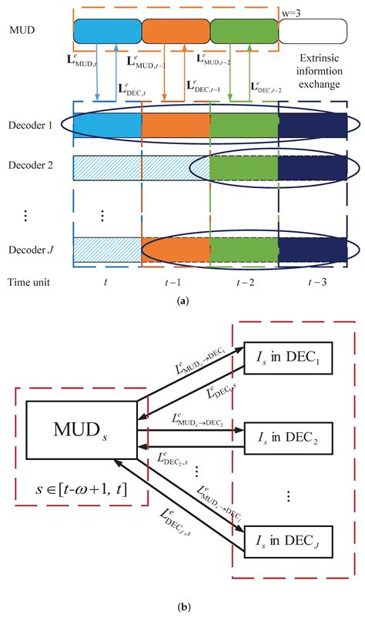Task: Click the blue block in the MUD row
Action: [x=108, y=32]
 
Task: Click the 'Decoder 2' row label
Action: [x=28, y=166]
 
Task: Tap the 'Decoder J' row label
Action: [x=28, y=248]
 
